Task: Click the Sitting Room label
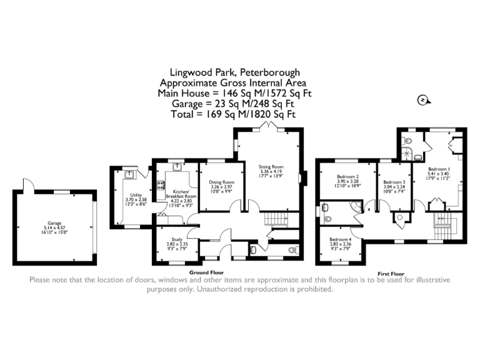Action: click(271, 167)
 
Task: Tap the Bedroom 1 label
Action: click(439, 169)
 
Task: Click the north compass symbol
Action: click(423, 100)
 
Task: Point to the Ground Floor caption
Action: click(207, 273)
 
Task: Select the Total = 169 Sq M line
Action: click(233, 114)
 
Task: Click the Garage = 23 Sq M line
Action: click(233, 104)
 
